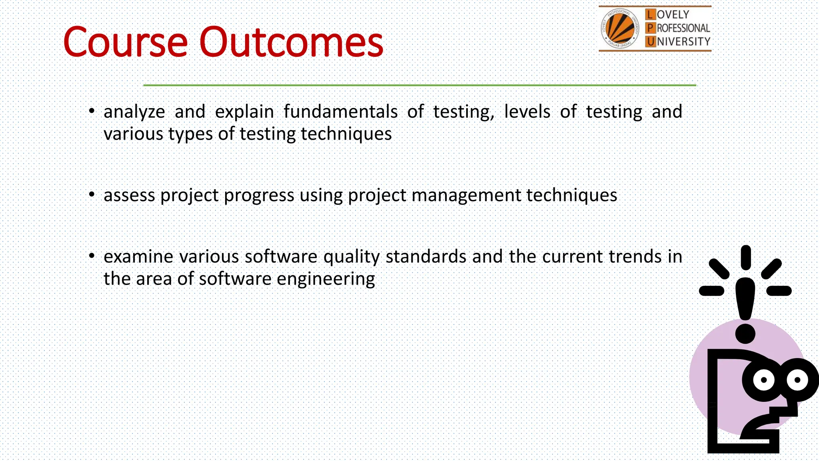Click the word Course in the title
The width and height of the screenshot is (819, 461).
point(125,42)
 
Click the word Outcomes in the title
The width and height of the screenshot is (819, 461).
point(291,42)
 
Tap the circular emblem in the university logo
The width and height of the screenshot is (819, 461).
point(619,28)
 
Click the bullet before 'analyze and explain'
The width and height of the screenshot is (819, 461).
point(92,111)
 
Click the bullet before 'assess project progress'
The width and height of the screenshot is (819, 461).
point(92,195)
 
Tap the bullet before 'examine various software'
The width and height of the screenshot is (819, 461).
point(92,256)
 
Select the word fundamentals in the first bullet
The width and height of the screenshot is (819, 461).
point(340,112)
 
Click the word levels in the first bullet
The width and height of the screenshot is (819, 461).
point(527,112)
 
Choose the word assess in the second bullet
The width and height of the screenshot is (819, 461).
point(129,195)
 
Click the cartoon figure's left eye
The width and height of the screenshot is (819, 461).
point(763,380)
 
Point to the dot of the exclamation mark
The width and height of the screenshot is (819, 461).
point(745,333)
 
